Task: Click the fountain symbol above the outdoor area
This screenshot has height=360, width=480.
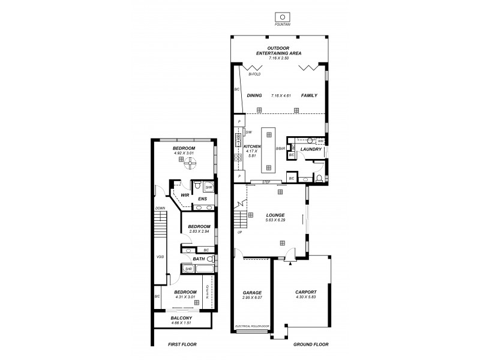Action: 280,16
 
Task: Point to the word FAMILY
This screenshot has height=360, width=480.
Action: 309,95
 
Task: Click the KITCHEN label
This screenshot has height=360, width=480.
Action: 251,147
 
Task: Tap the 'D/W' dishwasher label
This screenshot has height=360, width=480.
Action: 248,131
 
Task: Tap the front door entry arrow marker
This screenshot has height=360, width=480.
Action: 290,262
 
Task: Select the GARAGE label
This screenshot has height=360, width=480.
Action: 252,292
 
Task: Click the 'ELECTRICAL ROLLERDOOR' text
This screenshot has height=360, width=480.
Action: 253,326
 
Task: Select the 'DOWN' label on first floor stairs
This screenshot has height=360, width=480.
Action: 160,208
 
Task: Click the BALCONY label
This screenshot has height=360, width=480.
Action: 181,318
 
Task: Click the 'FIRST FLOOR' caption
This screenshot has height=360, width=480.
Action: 182,344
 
